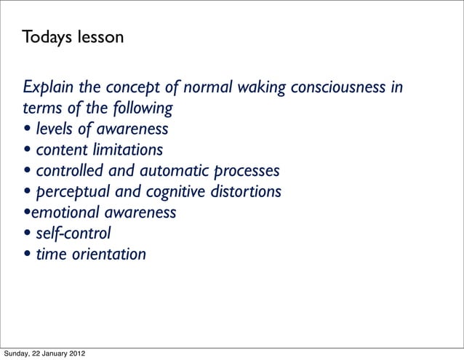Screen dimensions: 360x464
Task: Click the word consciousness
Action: pos(339,89)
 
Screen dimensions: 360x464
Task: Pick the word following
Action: pos(143,109)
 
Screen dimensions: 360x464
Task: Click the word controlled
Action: pos(69,172)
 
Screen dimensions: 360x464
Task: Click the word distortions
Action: pos(244,192)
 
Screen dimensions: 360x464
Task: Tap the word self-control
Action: pos(73,234)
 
